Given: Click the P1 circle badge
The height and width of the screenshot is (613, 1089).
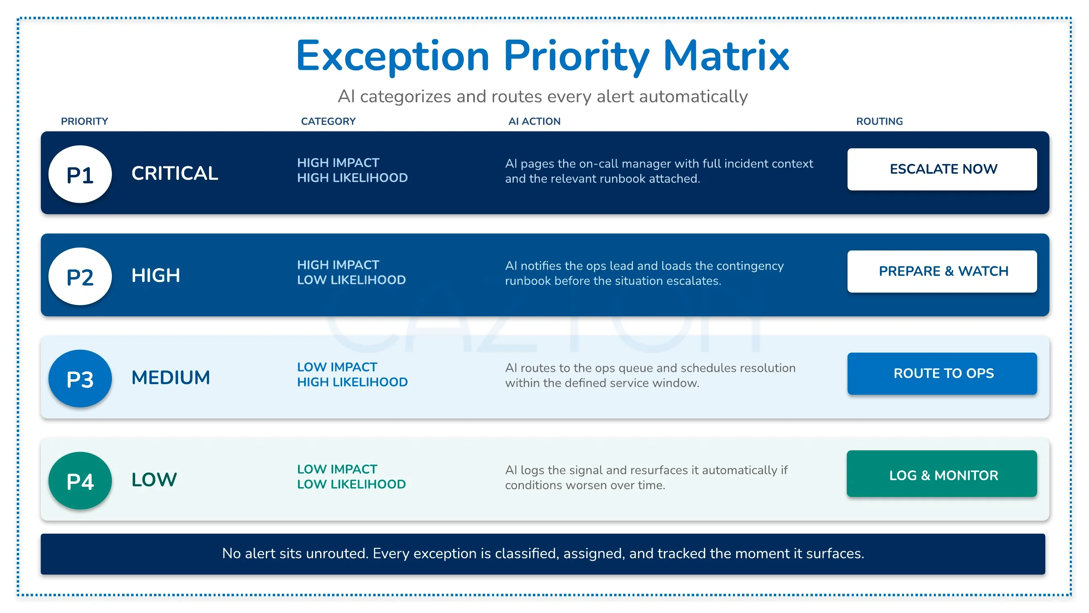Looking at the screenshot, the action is tap(80, 174).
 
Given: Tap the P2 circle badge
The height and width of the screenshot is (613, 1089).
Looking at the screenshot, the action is tap(80, 276).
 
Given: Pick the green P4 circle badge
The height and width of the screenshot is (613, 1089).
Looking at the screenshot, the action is tap(80, 481).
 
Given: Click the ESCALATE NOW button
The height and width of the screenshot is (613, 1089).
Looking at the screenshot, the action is tap(942, 169).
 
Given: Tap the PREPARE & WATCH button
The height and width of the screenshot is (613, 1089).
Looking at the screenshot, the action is tap(942, 271).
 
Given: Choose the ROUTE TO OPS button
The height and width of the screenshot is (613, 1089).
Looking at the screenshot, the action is tap(942, 374).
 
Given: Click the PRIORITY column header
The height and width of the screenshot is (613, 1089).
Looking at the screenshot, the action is tap(85, 121).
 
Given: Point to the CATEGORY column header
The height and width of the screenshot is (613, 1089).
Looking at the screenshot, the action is tap(328, 121).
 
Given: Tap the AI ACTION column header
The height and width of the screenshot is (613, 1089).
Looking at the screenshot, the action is tap(534, 121).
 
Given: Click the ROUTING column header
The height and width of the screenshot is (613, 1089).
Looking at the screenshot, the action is tap(879, 121).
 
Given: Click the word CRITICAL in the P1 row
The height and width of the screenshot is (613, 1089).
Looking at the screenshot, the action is tap(175, 173).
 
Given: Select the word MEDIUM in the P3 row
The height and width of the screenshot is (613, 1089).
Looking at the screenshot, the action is tap(171, 377).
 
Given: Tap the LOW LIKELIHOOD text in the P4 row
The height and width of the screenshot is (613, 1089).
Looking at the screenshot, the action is tap(351, 484).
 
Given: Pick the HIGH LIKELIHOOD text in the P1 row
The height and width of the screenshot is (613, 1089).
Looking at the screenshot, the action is tap(352, 178).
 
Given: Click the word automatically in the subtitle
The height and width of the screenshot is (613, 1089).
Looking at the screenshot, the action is tap(693, 97).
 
